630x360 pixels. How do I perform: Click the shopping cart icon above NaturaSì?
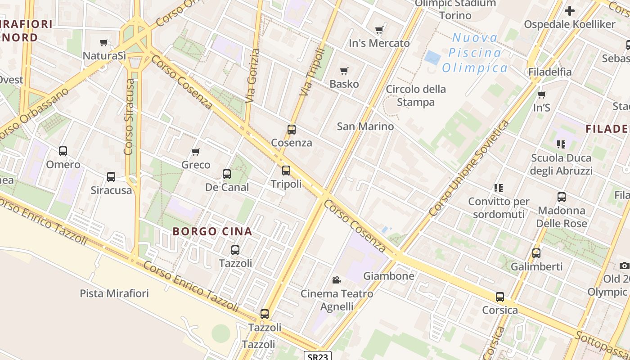tap(104, 43)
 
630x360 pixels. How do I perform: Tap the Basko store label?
tap(344, 84)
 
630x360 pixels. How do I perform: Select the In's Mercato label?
tap(379, 43)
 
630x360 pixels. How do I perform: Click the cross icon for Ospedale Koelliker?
tap(570, 11)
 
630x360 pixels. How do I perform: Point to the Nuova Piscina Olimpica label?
tap(475, 53)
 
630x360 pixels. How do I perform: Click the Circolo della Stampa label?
tap(416, 95)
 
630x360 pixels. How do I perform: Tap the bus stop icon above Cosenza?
tap(292, 130)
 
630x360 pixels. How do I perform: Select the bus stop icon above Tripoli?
tap(286, 171)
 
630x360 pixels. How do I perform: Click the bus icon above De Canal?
tap(227, 174)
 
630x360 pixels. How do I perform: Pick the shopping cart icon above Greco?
tap(196, 152)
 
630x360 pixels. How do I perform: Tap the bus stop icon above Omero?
tap(63, 151)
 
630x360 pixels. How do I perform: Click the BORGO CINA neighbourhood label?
tap(212, 232)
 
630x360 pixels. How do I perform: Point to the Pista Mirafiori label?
tap(114, 293)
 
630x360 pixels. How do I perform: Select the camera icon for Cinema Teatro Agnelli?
tap(336, 280)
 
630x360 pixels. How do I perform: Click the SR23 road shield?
tap(318, 356)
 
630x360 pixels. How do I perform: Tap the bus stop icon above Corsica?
tap(500, 297)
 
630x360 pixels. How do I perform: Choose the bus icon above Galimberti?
tap(536, 253)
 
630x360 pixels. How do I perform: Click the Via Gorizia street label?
tap(252, 76)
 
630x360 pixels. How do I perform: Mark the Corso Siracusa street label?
tap(129, 117)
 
